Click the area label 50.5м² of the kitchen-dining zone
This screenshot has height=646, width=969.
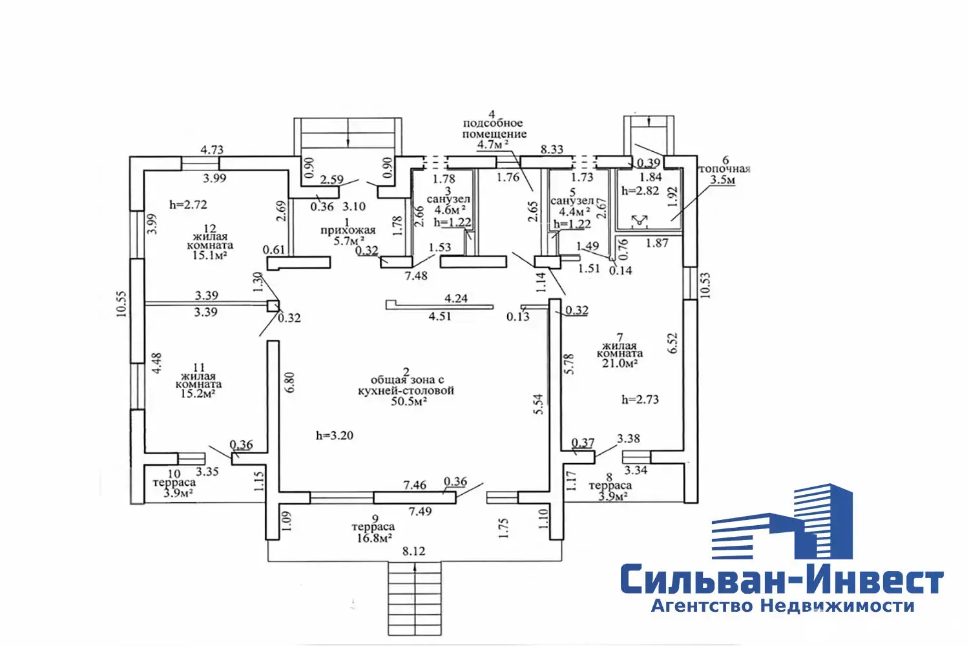click(x=409, y=402)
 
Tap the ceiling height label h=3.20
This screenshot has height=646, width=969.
click(x=335, y=435)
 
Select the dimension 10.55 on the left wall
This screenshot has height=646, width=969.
click(x=121, y=304)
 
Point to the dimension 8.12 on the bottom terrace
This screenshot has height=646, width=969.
click(x=413, y=551)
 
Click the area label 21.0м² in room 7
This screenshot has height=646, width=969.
click(x=620, y=363)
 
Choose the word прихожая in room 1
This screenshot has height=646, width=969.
click(x=348, y=231)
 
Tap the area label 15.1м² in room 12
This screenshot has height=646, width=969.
click(x=210, y=255)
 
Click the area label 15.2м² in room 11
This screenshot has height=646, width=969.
click(x=198, y=394)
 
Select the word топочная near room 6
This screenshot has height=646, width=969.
click(x=725, y=169)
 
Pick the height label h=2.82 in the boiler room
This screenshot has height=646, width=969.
click(x=640, y=191)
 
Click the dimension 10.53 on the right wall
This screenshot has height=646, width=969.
click(x=705, y=285)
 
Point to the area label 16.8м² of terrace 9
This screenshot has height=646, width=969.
click(x=375, y=538)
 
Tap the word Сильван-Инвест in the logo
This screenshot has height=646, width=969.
click(x=782, y=578)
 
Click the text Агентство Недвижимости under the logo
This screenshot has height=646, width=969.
click(x=782, y=606)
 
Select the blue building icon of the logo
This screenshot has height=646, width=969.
click(x=782, y=521)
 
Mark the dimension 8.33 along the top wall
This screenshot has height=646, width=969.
click(x=552, y=149)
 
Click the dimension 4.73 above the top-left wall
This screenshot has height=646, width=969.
click(x=212, y=150)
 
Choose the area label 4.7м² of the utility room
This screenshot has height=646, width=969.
click(x=493, y=144)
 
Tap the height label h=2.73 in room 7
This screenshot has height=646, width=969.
click(x=640, y=399)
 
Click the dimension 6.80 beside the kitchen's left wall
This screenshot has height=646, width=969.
click(x=289, y=382)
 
